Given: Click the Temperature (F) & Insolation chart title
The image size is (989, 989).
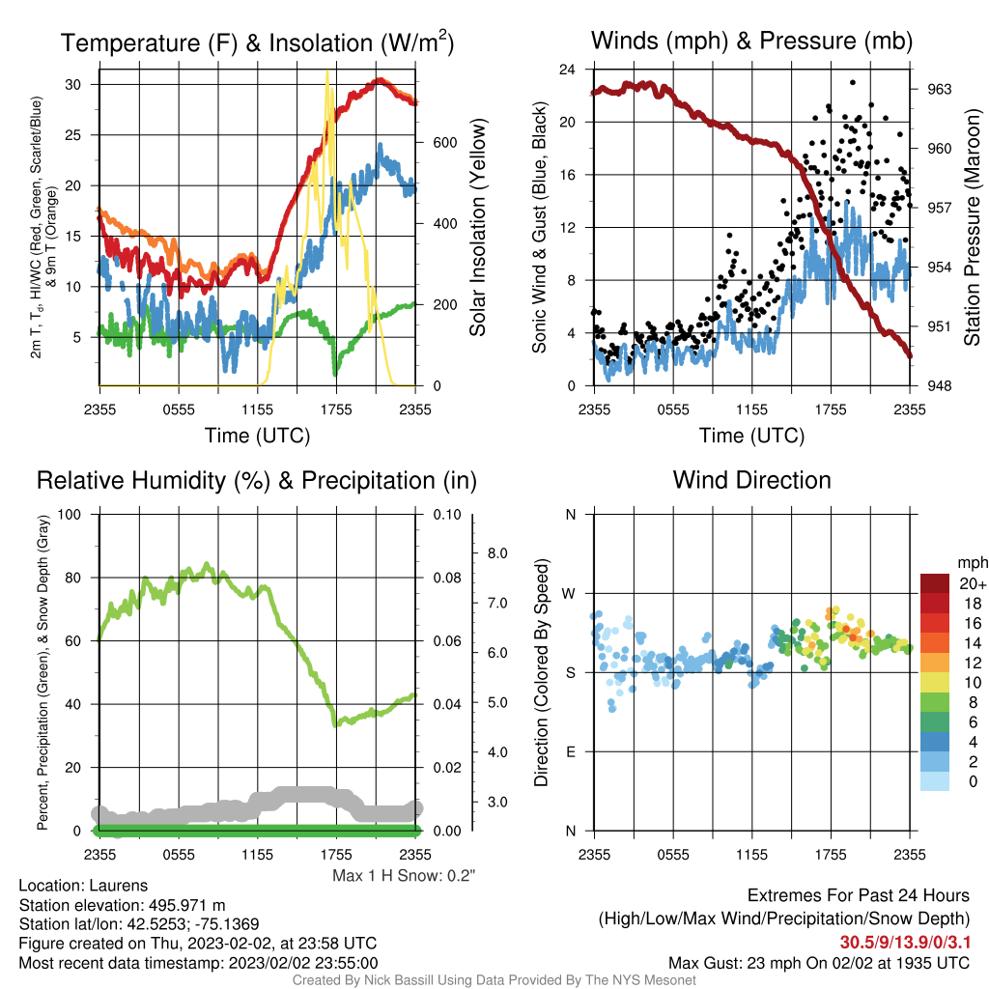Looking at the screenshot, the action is (x=257, y=42).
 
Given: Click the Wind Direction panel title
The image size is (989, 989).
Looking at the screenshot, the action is (x=751, y=480).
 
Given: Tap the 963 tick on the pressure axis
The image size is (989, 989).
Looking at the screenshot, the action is (x=939, y=89).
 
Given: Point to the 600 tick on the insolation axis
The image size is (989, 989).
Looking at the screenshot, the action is (x=444, y=143).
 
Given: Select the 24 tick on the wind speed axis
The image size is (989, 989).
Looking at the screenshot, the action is (x=567, y=70).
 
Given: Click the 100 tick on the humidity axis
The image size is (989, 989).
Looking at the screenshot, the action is (x=70, y=514).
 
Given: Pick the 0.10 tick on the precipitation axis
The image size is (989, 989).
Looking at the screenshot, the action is (x=447, y=514).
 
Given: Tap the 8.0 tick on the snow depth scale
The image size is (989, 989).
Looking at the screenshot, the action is (x=497, y=553).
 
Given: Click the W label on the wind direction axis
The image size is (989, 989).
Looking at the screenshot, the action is (x=569, y=594).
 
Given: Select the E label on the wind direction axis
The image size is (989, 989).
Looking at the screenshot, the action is (x=571, y=751).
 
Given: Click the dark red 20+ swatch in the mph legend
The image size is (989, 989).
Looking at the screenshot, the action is (x=934, y=583).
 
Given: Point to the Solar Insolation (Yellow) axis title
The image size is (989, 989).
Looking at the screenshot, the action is (x=478, y=227).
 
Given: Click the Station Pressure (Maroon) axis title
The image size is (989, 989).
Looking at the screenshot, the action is (x=972, y=227).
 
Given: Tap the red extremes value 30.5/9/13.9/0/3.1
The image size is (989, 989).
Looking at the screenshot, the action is (x=904, y=943).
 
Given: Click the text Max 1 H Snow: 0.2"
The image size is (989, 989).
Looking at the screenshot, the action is (x=404, y=875).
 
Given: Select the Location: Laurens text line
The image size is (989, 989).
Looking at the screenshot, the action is (x=83, y=886).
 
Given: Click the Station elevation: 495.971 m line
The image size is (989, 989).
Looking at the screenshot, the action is (x=123, y=905).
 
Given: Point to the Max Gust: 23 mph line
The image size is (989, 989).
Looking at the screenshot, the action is (x=819, y=963).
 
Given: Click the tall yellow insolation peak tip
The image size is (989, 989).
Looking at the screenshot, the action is (x=326, y=71).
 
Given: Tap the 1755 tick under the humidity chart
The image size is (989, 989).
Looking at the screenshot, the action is (x=336, y=855).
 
